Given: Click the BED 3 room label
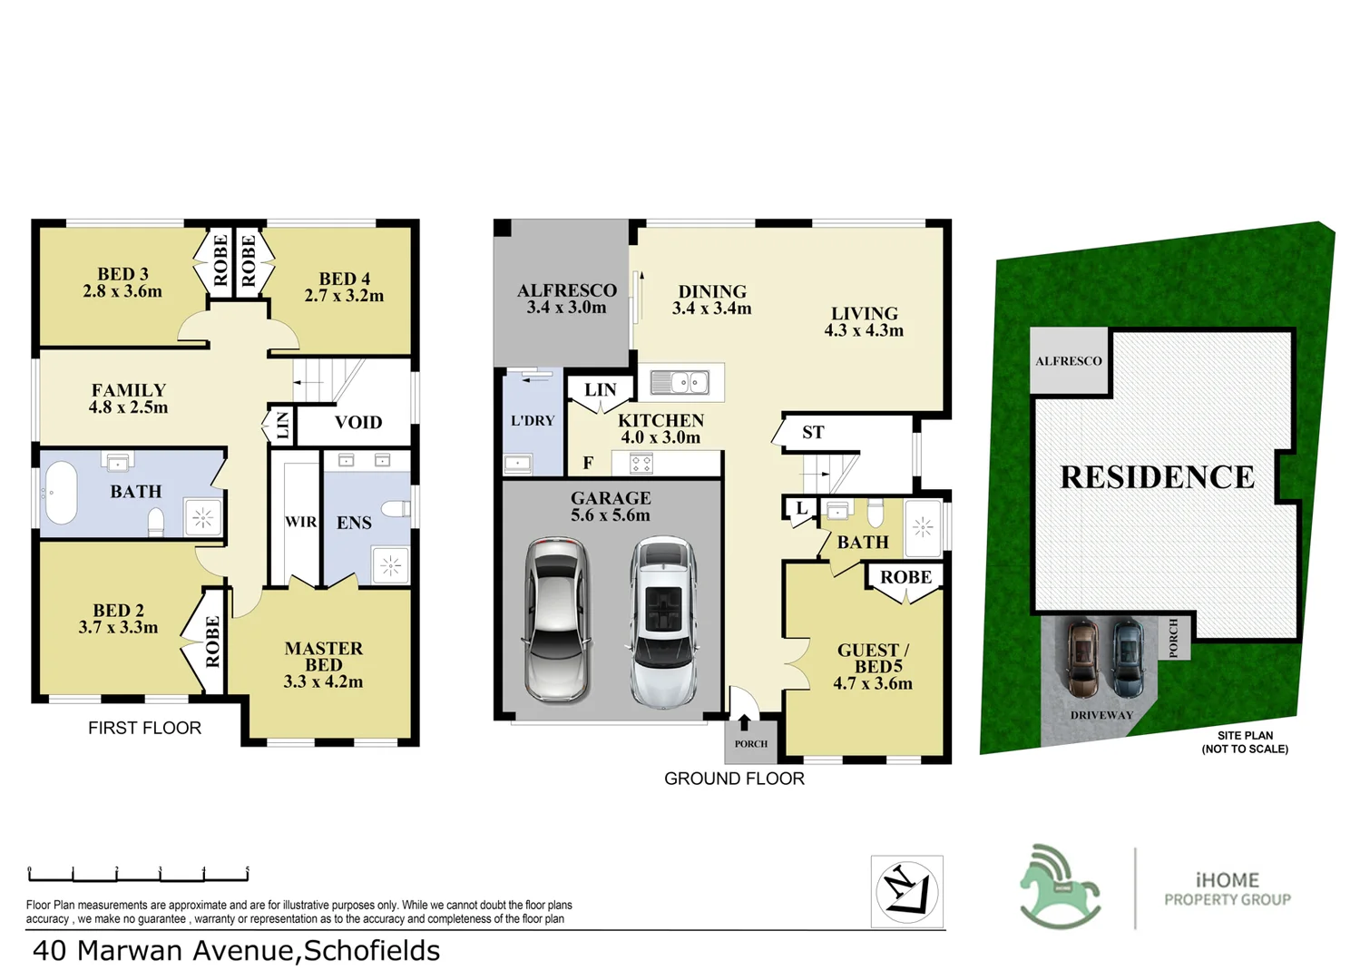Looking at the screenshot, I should [122, 274].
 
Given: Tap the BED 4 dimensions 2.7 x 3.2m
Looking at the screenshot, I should [344, 296].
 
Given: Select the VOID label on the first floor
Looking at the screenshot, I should [357, 422].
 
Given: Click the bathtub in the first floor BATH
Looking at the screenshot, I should [61, 493].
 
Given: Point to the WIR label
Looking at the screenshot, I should [300, 522].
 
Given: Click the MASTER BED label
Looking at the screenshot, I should [323, 656].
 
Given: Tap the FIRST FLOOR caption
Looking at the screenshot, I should [144, 728].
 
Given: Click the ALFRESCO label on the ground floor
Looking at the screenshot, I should [566, 290].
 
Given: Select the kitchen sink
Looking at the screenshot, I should [680, 382].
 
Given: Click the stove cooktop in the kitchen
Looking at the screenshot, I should [641, 465].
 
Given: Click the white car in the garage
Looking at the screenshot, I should [664, 621].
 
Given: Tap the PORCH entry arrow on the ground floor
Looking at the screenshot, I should [744, 723].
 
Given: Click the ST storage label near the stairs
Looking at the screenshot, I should [813, 433].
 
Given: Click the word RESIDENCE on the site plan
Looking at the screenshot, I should [1157, 477].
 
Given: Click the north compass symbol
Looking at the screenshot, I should [906, 891].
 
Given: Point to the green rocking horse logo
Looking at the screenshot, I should [1059, 887].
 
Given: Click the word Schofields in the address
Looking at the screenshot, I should [371, 950].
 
